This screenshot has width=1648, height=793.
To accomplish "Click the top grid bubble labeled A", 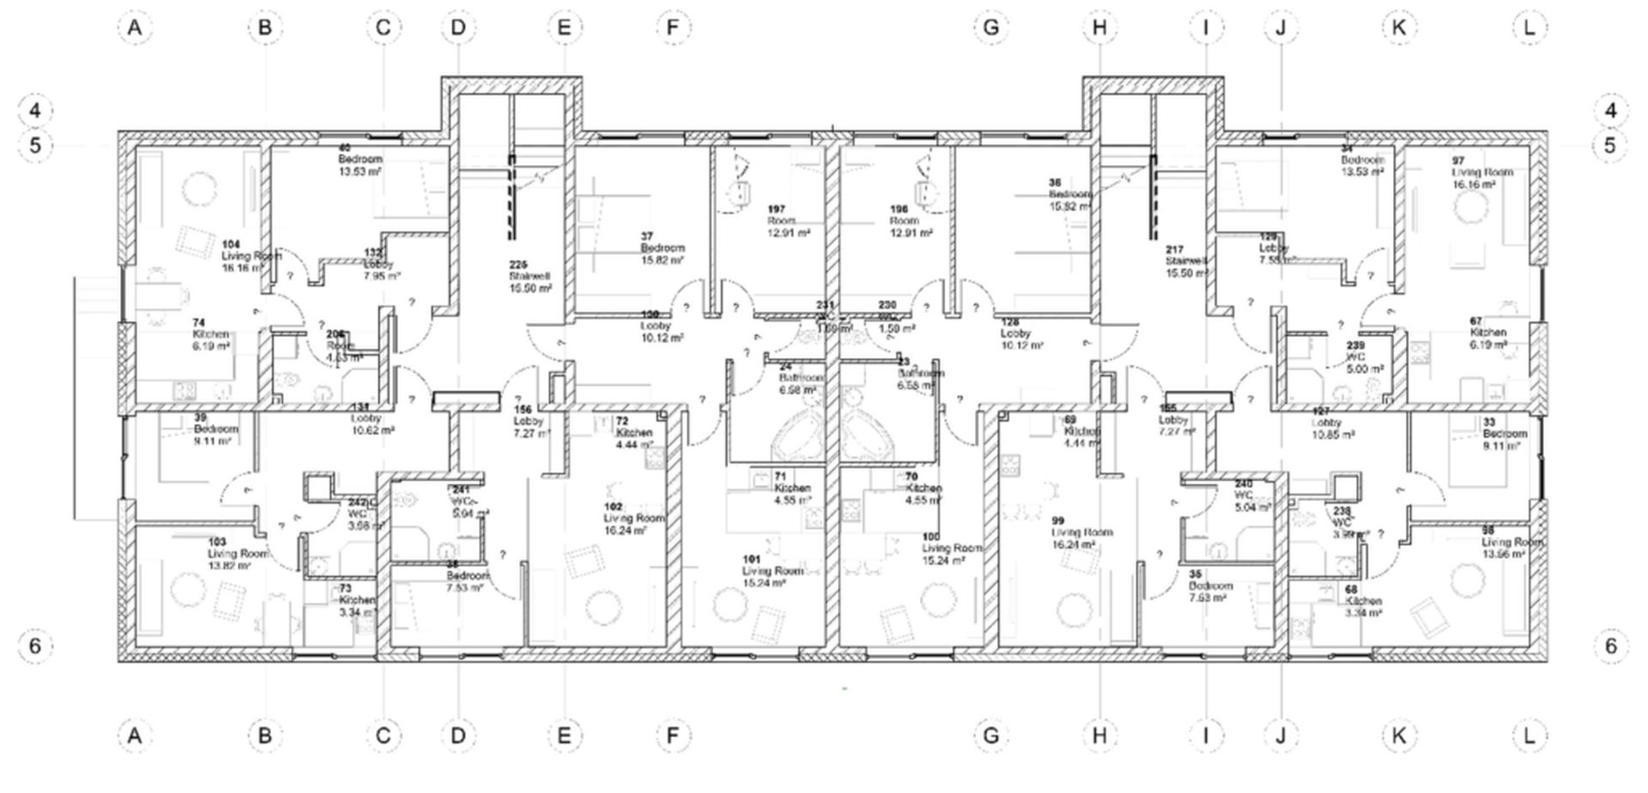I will [134, 27].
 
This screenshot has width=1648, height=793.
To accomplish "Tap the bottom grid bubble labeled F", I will [672, 735].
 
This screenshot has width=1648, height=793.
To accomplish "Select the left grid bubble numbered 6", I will [35, 645].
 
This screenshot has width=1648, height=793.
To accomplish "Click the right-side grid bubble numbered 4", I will [1610, 111].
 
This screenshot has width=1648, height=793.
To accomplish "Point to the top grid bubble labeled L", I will [1529, 27].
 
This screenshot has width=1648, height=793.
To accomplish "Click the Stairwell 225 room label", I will [530, 276].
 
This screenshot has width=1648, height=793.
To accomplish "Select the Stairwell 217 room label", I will [1186, 261].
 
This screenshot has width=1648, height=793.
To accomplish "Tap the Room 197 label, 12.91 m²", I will [788, 221].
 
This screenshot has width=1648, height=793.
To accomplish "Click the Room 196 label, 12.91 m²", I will [910, 221].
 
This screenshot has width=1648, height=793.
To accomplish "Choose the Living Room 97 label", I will [1481, 172].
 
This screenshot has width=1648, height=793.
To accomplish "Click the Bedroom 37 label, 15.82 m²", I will [662, 248].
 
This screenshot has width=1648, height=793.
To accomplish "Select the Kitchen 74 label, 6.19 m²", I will [211, 334].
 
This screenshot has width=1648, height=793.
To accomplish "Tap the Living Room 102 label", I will [633, 518].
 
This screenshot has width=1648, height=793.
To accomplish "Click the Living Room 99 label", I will [1081, 532].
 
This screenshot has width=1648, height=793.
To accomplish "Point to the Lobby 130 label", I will [661, 326].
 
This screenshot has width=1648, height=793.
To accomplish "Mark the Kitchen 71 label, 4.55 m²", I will [791, 487].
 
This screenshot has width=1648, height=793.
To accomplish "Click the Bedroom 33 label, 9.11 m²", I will [1504, 433].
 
